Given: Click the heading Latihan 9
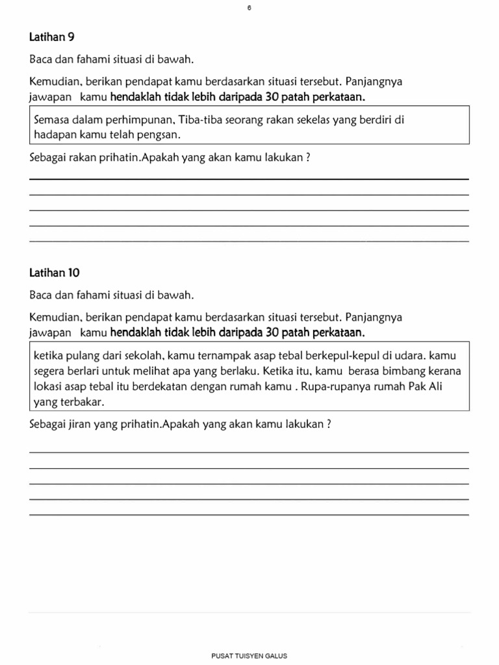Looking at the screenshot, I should click(49, 38).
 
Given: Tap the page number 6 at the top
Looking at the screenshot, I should click(249, 8).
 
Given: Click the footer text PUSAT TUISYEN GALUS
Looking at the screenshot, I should click(249, 656).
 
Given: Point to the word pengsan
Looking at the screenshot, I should click(160, 134).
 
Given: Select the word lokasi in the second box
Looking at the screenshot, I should click(47, 386).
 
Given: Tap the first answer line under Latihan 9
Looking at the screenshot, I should click(249, 179).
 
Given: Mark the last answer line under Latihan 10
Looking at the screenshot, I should click(249, 514).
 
